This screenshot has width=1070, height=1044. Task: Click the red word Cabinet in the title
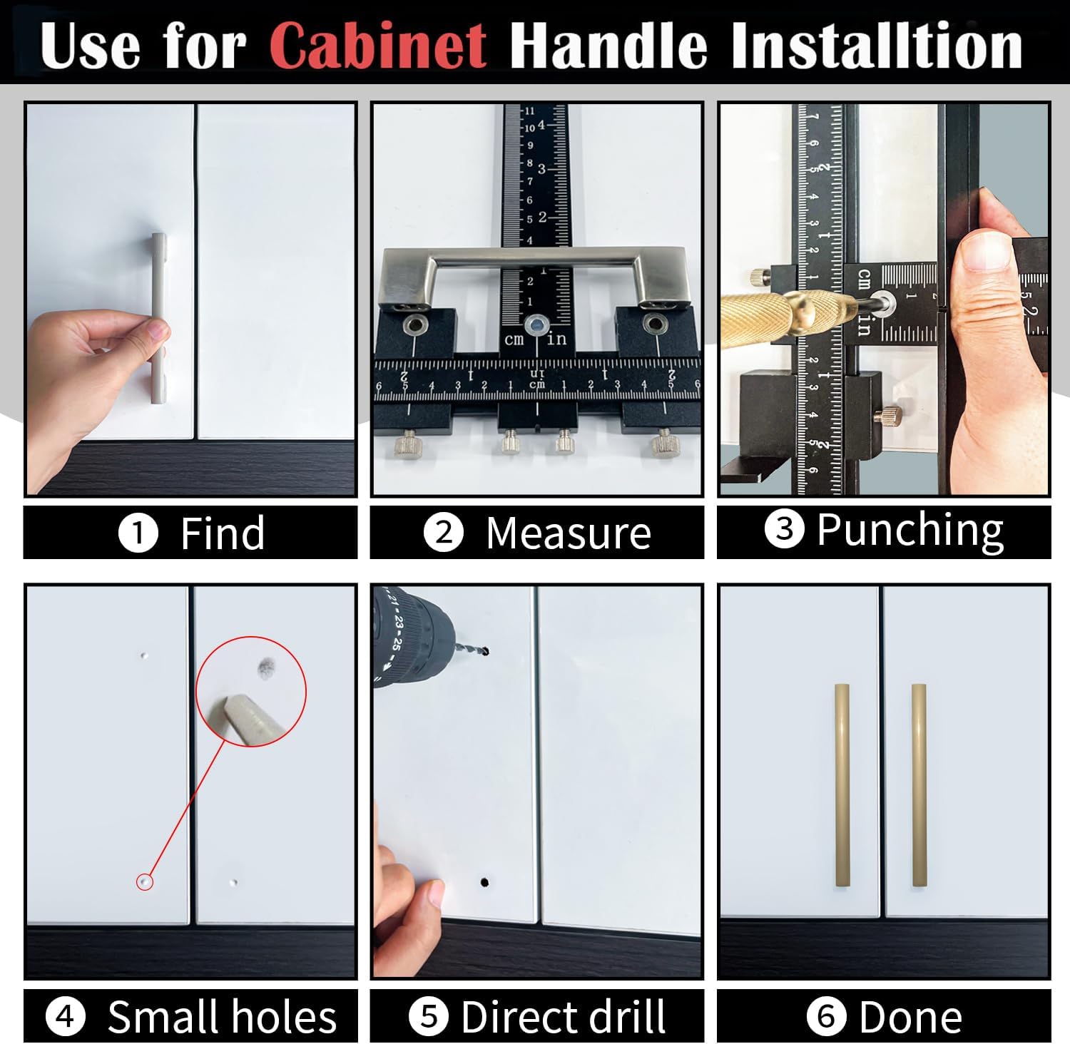coord(379,46)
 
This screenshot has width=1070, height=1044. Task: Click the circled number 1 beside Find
coord(138,533)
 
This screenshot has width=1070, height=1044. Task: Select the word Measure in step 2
coord(569,533)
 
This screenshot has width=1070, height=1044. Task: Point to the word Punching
coord(910,531)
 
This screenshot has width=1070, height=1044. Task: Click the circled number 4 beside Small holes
coord(65,1016)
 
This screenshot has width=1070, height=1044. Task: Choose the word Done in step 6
coord(911,1017)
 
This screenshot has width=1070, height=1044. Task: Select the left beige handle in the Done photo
coord(842,785)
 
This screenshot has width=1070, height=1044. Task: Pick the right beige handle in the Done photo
coord(919,785)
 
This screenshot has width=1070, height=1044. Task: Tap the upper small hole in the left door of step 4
coord(144,655)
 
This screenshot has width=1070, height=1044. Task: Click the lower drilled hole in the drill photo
coord(485,882)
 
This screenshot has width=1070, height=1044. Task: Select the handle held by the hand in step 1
coord(159,318)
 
